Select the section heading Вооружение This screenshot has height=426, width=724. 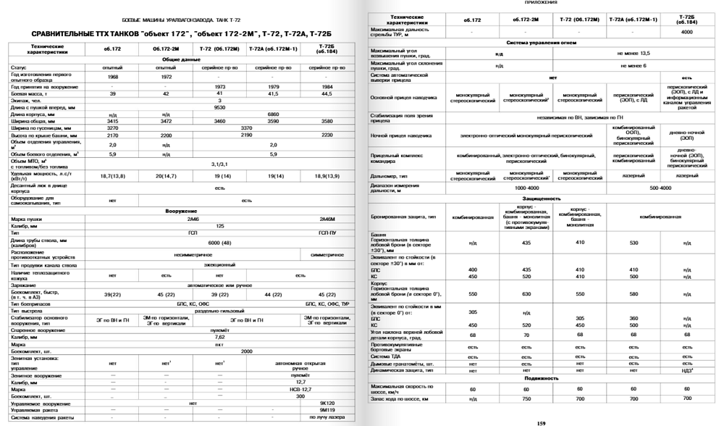click(180, 211)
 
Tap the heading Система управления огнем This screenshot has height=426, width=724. click(542, 43)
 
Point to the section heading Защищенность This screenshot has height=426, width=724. click(542, 198)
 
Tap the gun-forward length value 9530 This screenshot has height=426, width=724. click(219, 107)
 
